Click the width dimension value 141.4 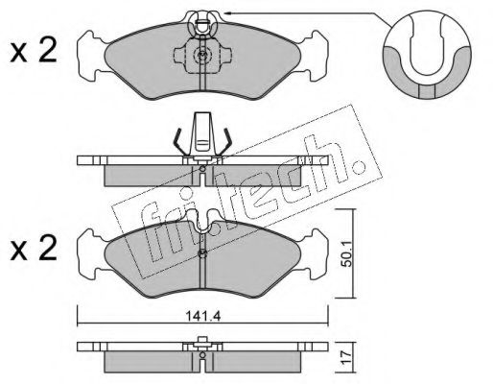203,317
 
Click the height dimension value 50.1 346,253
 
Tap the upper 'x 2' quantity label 34,51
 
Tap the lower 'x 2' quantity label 34,249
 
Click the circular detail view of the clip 427,55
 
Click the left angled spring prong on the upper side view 178,141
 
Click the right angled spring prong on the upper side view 226,141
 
